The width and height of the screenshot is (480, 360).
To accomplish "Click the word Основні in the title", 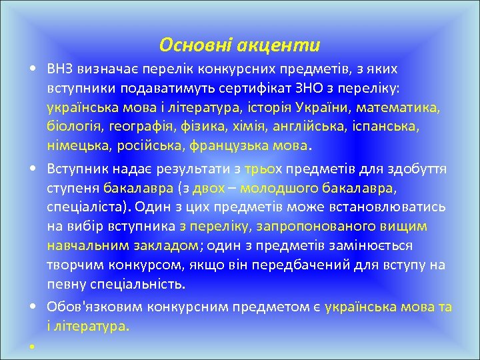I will point(194,45).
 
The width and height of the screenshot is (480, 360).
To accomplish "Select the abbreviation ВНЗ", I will point(61,69).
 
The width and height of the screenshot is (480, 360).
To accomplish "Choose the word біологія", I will point(71,127).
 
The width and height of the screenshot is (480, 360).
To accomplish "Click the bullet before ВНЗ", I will point(32,69).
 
